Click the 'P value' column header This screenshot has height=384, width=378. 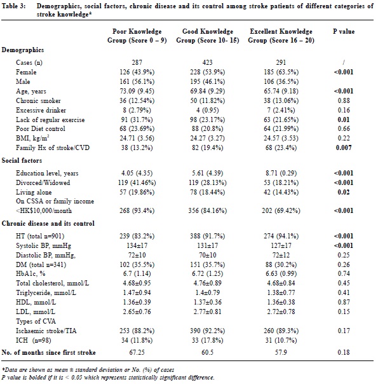(344, 31)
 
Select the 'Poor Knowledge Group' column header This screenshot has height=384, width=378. (137, 36)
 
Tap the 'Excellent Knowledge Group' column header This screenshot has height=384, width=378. (281, 36)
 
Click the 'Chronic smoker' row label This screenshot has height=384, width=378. (38, 100)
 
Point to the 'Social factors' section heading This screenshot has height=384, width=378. (22, 160)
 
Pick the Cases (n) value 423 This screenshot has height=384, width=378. (207, 62)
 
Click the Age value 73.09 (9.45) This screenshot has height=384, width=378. (137, 91)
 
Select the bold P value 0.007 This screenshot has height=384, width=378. (344, 147)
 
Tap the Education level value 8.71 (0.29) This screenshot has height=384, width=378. (281, 173)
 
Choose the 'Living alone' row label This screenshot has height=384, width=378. (34, 192)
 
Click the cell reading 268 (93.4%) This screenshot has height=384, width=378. (137, 210)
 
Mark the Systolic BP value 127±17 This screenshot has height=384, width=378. (281, 245)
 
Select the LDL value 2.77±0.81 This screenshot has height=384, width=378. (207, 312)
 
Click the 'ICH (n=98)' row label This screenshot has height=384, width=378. (34, 340)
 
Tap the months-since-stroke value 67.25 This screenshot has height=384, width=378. (137, 352)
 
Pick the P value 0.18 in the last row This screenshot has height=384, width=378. (344, 352)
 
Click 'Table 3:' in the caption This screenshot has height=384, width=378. (13, 6)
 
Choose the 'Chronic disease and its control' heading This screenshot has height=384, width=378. (48, 223)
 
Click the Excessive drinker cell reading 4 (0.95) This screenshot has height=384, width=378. (207, 110)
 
